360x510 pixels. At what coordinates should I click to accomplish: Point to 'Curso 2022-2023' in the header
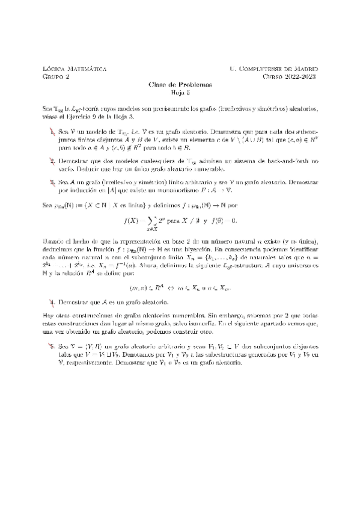[x=290, y=76]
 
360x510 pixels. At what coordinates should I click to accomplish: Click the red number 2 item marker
[x=53, y=161]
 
